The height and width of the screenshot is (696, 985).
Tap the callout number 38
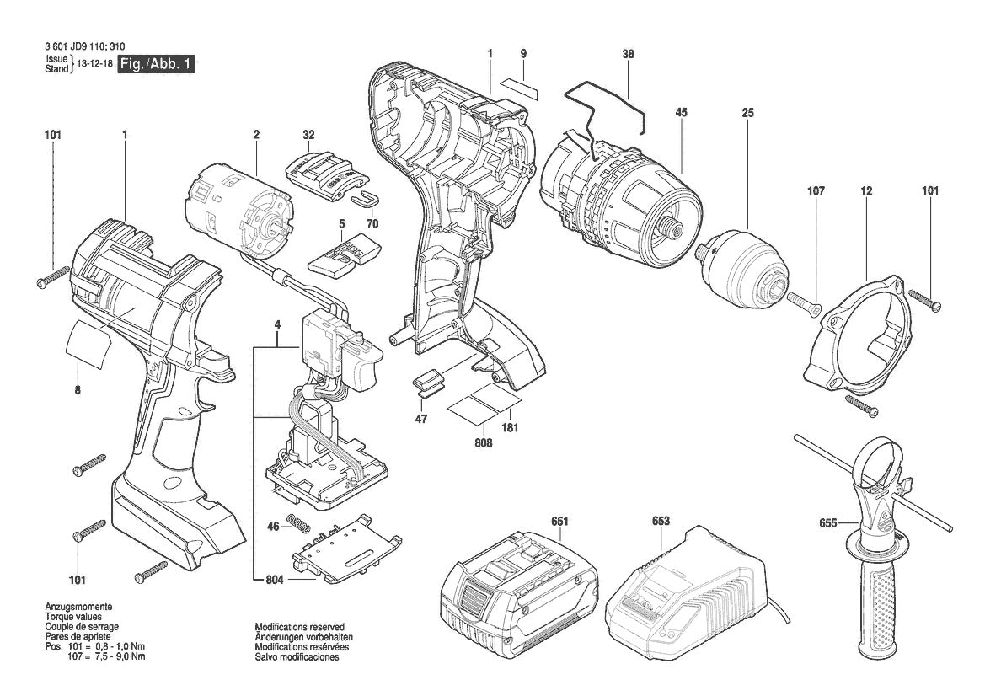click(x=628, y=54)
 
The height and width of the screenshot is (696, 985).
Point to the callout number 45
click(x=681, y=112)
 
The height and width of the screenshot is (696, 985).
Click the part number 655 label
click(x=827, y=523)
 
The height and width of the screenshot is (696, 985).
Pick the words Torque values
click(x=72, y=617)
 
